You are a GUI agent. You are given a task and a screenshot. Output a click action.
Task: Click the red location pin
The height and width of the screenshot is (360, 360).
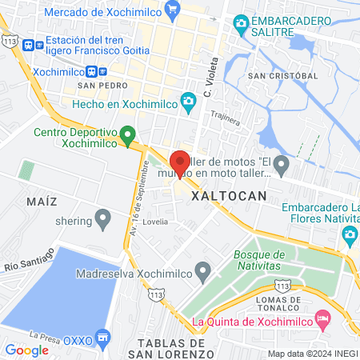180,163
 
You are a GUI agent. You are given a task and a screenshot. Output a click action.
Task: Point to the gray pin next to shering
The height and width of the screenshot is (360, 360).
102,217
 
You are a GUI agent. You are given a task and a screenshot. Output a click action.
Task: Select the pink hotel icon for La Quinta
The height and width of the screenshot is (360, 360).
323,320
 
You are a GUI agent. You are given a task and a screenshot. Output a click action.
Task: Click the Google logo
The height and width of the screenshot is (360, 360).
26,350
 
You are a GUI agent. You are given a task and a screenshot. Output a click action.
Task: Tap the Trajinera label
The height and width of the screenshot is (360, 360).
225,118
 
